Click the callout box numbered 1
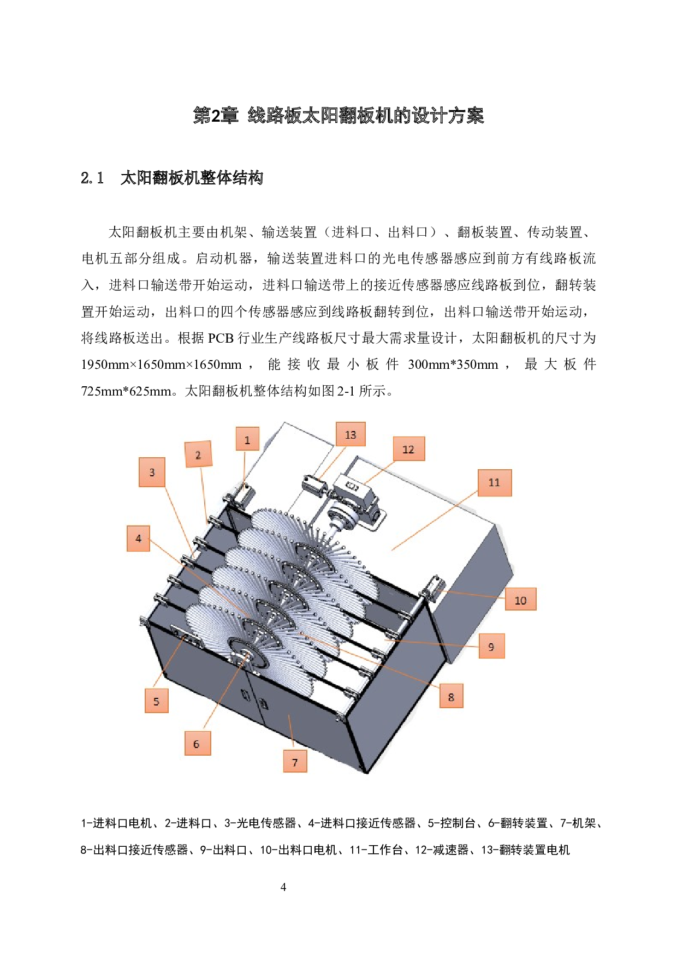tap(247, 439)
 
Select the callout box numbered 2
tap(198, 454)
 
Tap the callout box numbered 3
tap(152, 472)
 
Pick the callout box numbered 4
tap(138, 539)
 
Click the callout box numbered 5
tap(156, 701)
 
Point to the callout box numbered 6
tap(197, 744)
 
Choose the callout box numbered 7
tap(295, 762)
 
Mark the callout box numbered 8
tap(451, 697)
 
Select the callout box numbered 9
tap(491, 647)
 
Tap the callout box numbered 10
tap(520, 600)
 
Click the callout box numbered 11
tap(494, 482)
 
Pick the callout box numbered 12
tap(408, 449)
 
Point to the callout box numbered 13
tap(351, 435)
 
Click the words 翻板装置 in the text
tap(485, 232)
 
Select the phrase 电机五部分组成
tap(131, 258)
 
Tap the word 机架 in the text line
tap(234, 232)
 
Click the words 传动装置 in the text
tap(555, 232)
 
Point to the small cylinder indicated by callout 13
tap(313, 484)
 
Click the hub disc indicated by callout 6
tap(247, 652)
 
